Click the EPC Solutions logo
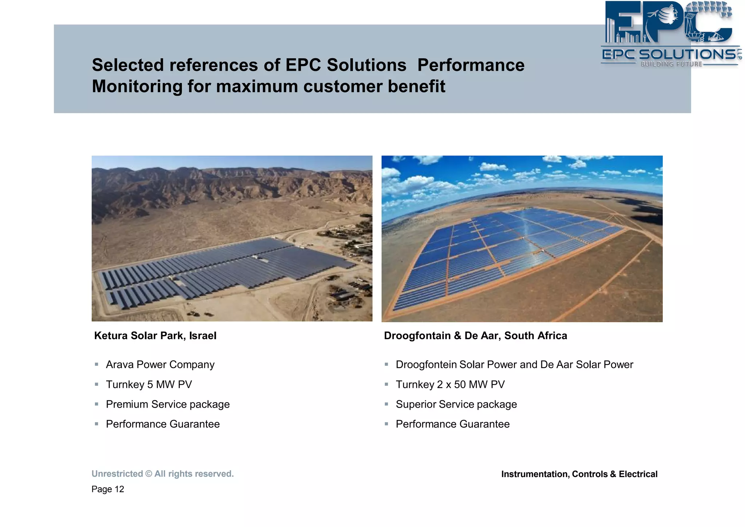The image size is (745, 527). (670, 33)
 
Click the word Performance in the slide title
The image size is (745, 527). (471, 65)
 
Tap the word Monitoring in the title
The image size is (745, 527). (137, 87)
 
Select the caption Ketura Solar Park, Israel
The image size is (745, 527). (155, 336)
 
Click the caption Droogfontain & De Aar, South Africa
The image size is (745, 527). (475, 336)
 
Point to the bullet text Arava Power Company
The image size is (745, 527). (160, 365)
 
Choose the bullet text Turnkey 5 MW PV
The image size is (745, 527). (149, 385)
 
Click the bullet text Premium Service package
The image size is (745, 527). (168, 404)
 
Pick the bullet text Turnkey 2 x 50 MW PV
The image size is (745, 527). (450, 385)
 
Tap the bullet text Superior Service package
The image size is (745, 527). (456, 404)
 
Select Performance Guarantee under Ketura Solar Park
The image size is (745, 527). (163, 424)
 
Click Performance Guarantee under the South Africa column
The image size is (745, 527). (453, 424)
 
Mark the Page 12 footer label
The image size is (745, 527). (108, 489)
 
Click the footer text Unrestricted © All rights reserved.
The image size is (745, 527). (163, 474)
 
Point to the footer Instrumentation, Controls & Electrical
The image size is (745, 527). (579, 474)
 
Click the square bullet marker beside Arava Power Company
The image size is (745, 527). (96, 364)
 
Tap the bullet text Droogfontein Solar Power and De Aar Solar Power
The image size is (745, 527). (514, 365)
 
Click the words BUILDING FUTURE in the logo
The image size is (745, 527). (671, 64)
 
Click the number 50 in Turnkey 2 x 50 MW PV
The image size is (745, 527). (460, 385)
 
